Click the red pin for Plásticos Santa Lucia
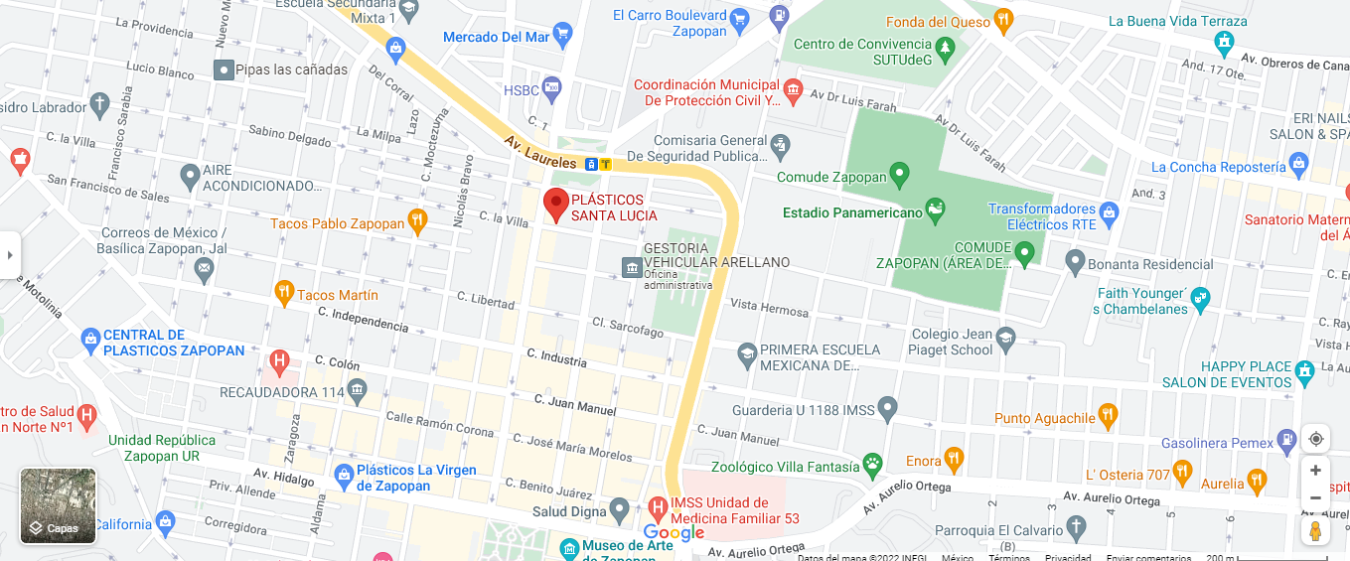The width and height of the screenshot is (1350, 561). [556, 204]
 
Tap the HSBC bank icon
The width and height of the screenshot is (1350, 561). [551, 89]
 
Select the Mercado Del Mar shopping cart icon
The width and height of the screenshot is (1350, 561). [562, 37]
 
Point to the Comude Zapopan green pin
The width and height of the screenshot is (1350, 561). [899, 176]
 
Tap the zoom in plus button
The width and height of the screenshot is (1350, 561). [1315, 471]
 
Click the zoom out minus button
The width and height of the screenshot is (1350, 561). [1315, 497]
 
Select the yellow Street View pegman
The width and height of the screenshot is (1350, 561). [1315, 531]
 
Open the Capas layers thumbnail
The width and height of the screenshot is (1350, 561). [59, 505]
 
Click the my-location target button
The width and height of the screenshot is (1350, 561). [1315, 439]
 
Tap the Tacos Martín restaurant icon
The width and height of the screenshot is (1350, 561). [284, 294]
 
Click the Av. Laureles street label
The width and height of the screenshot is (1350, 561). [538, 152]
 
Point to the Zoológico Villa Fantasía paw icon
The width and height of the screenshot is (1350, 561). [872, 463]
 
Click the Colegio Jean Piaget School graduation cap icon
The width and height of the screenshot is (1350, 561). [1005, 338]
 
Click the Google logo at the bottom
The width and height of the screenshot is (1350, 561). [674, 533]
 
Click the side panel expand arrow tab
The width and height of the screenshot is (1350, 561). [10, 255]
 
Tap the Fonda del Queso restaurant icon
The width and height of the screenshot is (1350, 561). [1003, 19]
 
